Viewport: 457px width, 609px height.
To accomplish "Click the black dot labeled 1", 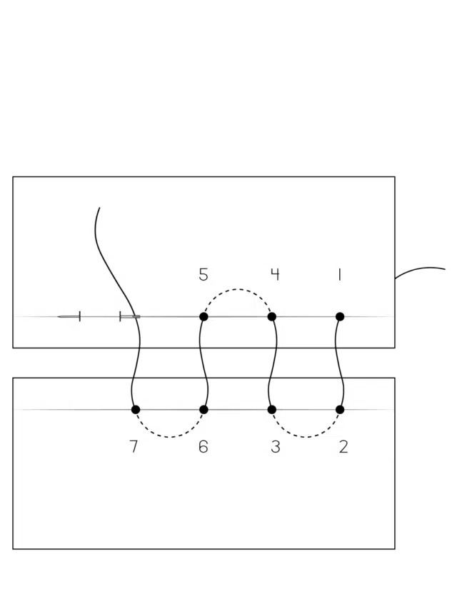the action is point(340,316).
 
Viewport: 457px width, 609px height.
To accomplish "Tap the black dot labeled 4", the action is point(272,316).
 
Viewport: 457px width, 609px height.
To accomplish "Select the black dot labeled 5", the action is point(204,316).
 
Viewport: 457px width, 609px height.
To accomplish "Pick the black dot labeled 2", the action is point(340,409).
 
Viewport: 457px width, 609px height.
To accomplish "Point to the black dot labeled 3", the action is point(272,409).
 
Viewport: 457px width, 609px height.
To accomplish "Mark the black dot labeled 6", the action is point(204,409).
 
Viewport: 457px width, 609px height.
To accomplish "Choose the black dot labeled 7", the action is point(136,409).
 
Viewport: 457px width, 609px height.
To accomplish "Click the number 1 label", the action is point(340,275).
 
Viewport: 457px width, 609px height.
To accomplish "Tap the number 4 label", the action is point(275,275).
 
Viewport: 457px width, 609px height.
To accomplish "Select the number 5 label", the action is point(204,275).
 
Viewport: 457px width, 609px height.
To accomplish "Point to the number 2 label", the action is point(343,447).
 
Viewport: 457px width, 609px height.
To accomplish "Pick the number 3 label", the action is point(275,447).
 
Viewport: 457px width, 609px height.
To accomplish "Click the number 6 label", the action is point(204,447).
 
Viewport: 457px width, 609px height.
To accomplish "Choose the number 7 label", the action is point(134,447).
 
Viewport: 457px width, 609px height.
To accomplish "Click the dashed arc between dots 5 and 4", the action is point(238,289).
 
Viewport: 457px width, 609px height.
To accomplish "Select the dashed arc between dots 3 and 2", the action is point(306,437).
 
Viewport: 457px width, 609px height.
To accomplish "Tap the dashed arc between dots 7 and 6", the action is point(169,437).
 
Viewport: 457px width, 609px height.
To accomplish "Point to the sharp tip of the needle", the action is point(58,317).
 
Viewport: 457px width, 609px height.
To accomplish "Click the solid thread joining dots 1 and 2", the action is point(341,363).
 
